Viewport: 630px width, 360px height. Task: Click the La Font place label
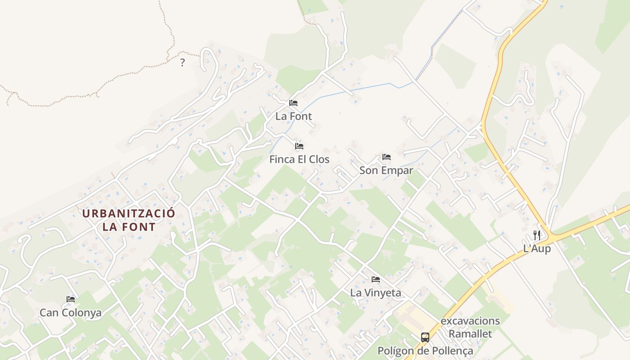pos(293,116)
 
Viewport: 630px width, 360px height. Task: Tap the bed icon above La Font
pos(293,103)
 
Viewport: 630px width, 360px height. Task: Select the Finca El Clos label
pos(299,159)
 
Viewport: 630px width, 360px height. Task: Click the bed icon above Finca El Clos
pos(299,146)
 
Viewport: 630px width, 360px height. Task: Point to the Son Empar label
pos(386,171)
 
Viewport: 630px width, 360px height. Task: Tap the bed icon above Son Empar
pos(387,157)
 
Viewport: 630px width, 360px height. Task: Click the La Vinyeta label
pos(375,293)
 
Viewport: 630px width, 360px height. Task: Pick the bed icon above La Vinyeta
pos(376,279)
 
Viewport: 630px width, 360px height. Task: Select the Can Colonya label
pos(71,313)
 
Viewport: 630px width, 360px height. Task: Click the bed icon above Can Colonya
pos(71,299)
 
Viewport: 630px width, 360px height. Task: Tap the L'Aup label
pos(537,248)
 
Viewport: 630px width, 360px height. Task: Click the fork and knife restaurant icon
pos(536,235)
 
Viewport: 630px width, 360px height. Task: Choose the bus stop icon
pos(425,337)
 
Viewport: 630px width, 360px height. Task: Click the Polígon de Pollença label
pos(425,351)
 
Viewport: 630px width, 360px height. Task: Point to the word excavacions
pos(470,321)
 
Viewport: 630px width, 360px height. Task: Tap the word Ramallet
pos(470,334)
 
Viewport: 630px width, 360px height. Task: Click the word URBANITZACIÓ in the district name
pos(129,214)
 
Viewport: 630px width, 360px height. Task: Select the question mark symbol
pos(182,63)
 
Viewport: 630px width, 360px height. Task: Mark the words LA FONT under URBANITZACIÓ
pos(129,227)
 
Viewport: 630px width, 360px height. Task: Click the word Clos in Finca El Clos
pos(319,159)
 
